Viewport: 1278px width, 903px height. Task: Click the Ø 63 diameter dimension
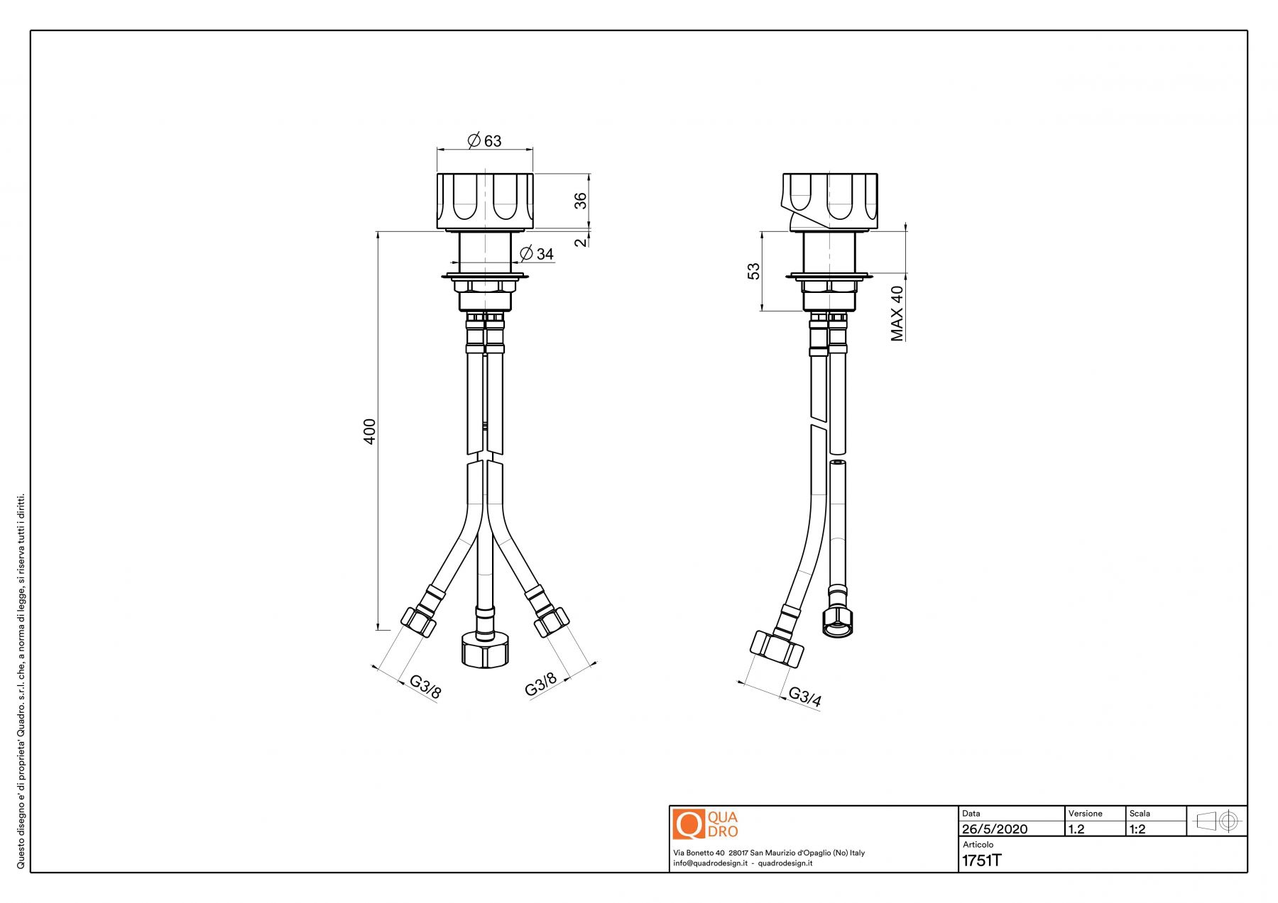click(x=485, y=140)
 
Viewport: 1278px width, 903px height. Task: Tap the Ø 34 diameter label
click(x=537, y=253)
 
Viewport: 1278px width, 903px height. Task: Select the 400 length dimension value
click(x=369, y=431)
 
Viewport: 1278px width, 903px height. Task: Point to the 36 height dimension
click(x=581, y=201)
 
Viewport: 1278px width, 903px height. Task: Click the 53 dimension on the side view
click(x=753, y=270)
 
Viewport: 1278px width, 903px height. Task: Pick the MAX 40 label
click(x=897, y=313)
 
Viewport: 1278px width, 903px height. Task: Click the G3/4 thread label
click(x=805, y=697)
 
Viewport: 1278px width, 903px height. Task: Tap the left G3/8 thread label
click(x=425, y=686)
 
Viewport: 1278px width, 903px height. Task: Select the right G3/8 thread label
click(x=540, y=685)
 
